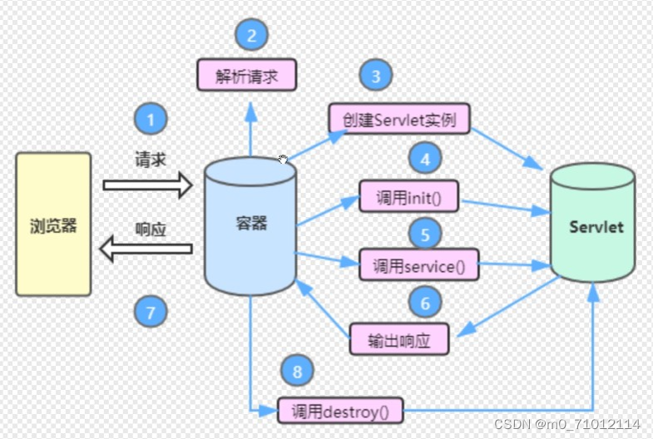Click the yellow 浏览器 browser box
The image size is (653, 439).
coord(53,224)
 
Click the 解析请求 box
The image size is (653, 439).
coord(247,75)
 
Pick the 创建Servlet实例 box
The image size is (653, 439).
coord(398,119)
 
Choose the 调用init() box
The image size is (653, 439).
coord(410,196)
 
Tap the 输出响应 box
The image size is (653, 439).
coord(399,338)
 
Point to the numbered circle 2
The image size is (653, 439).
coord(251,35)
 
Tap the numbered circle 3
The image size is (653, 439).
coord(376,76)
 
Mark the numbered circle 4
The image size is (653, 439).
coord(425,158)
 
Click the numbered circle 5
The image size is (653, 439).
coord(425,234)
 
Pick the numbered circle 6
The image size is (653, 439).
coord(425,303)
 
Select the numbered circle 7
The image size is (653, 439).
coord(151,312)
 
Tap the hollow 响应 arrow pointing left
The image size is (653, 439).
coord(146,247)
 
